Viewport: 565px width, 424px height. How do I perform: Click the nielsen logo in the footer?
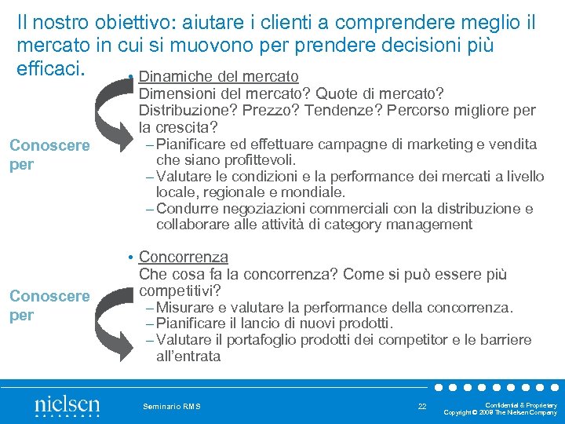coord(67,406)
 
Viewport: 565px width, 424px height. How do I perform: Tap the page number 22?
coord(422,405)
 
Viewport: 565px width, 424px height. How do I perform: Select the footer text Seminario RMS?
coord(172,406)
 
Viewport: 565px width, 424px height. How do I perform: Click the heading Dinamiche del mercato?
coord(219,76)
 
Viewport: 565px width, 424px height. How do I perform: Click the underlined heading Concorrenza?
coord(183,257)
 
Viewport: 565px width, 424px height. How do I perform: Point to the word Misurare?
coord(185,308)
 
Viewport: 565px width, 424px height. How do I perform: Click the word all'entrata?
coord(188,356)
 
